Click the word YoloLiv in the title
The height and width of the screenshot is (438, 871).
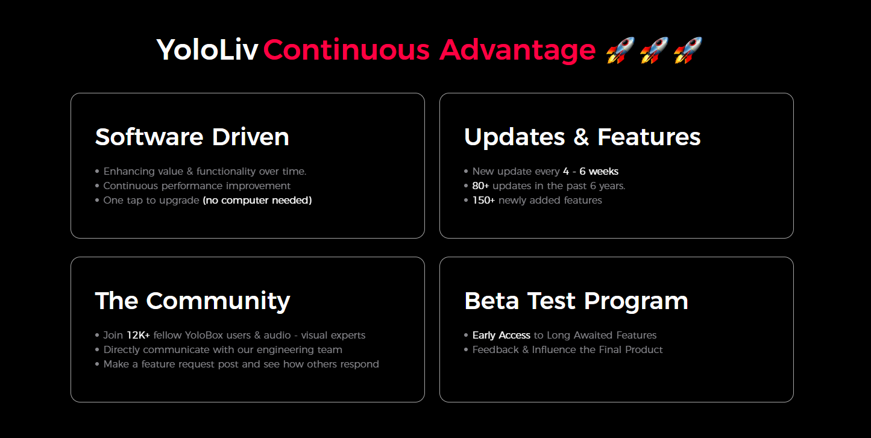point(207,50)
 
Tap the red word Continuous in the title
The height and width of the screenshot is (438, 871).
point(347,50)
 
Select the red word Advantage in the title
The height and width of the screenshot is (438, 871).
point(518,51)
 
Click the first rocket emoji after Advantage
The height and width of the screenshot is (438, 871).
point(621,50)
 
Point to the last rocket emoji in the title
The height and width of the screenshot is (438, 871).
point(688,50)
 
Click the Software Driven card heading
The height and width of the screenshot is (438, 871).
point(192,137)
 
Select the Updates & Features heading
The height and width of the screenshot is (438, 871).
point(582,137)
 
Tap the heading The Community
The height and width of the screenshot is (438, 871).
point(192,301)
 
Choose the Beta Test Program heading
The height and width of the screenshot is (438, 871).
point(576,301)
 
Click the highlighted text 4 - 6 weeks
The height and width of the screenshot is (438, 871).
point(591,171)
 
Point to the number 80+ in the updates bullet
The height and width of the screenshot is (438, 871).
point(480,186)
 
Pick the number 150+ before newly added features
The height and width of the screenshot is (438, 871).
point(483,200)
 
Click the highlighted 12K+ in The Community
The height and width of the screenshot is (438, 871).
point(139,335)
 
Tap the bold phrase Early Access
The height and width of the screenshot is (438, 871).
point(502,335)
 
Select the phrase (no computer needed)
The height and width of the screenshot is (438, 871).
point(257,200)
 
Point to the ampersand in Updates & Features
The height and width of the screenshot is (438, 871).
point(581,137)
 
